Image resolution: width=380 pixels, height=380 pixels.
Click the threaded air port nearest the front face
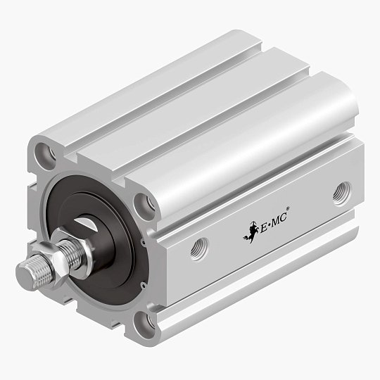[x=199, y=248]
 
